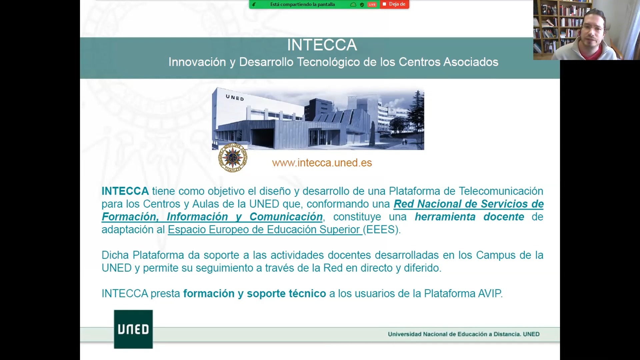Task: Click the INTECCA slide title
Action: pyautogui.click(x=322, y=45)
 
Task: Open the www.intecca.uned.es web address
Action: pyautogui.click(x=322, y=163)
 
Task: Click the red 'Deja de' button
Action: pyautogui.click(x=394, y=4)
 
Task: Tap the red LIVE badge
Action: pyautogui.click(x=372, y=4)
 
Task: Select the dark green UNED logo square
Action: pyautogui.click(x=133, y=329)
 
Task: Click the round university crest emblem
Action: pyautogui.click(x=233, y=158)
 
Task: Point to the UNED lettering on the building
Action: pyautogui.click(x=235, y=98)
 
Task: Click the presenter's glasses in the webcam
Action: pyautogui.click(x=593, y=28)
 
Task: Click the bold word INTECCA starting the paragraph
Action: pyautogui.click(x=125, y=191)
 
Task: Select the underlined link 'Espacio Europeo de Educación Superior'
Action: pyautogui.click(x=265, y=230)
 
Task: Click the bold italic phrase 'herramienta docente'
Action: pyautogui.click(x=469, y=217)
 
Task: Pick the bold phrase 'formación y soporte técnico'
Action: pyautogui.click(x=255, y=294)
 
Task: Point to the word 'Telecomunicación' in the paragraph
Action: pyautogui.click(x=501, y=191)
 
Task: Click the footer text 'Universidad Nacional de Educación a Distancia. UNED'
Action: pyautogui.click(x=464, y=334)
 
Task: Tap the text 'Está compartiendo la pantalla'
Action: pyautogui.click(x=302, y=4)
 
